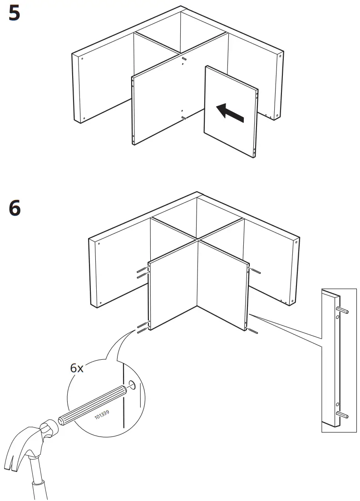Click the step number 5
[x=15, y=14]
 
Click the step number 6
[x=15, y=208]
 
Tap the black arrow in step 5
[x=230, y=113]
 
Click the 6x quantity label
[x=77, y=368]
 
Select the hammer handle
[x=39, y=486]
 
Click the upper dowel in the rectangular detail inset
[x=343, y=310]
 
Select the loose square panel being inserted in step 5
[x=231, y=111]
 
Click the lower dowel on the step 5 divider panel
[x=183, y=118]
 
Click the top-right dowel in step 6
[x=255, y=272]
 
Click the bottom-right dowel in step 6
[x=253, y=330]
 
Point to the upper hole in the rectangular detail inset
[x=337, y=318]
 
